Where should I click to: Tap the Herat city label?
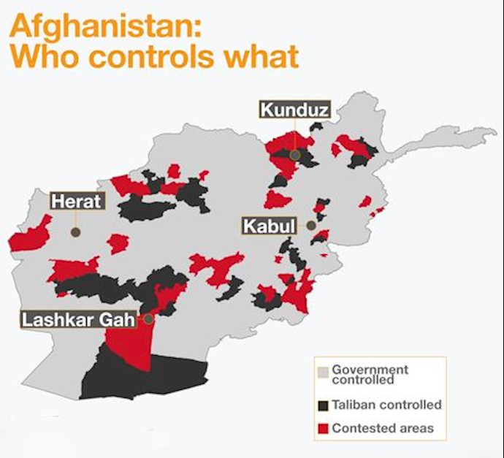(77, 201)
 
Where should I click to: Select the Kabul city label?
(268, 226)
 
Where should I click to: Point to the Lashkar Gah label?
(77, 319)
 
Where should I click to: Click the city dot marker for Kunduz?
(294, 155)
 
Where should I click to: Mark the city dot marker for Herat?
(75, 232)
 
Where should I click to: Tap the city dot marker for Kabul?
(311, 226)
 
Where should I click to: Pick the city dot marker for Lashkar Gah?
(148, 319)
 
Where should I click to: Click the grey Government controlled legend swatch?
(322, 371)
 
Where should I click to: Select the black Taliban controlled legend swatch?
(322, 404)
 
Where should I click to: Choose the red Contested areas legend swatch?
(322, 428)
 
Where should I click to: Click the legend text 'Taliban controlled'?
(386, 404)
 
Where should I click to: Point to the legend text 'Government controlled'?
(370, 374)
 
